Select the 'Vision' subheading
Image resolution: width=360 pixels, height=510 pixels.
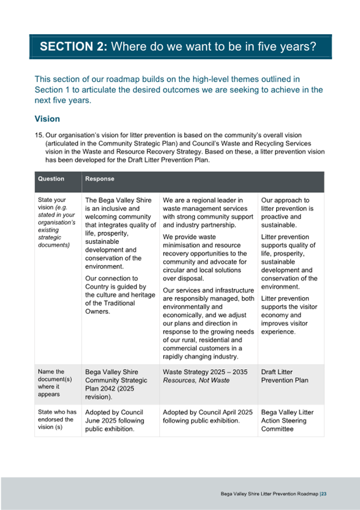pyautogui.click(x=47, y=119)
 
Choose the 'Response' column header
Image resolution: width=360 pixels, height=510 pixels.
pyautogui.click(x=100, y=179)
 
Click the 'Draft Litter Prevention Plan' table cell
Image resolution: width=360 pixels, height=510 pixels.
pyautogui.click(x=285, y=376)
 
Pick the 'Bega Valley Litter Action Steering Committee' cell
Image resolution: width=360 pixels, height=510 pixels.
pyautogui.click(x=287, y=420)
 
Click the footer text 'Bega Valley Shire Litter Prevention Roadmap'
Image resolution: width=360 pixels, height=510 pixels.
pyautogui.click(x=269, y=494)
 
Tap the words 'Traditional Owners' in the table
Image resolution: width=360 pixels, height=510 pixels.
pyautogui.click(x=115, y=307)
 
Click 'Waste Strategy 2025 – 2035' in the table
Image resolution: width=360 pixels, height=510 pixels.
pyautogui.click(x=205, y=372)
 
